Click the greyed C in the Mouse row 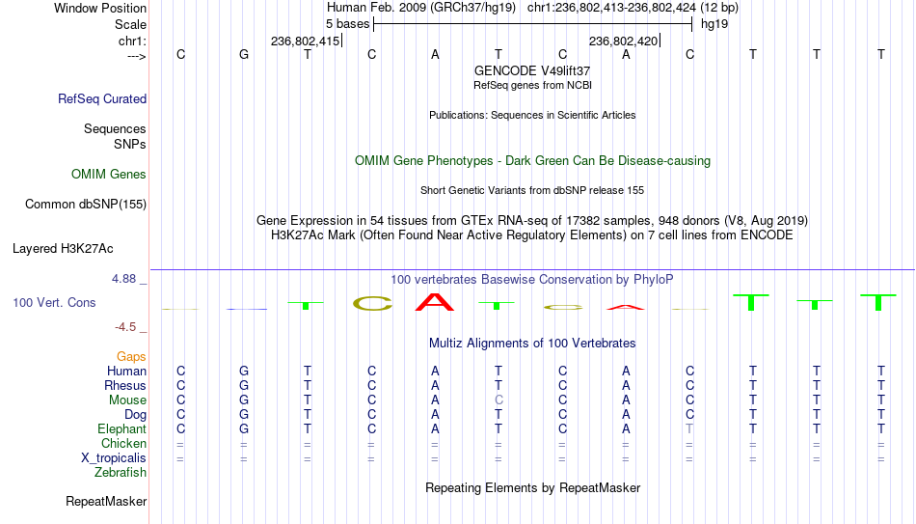click(498, 400)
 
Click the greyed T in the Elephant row click(689, 428)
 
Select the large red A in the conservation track click(434, 302)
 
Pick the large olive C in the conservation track click(372, 303)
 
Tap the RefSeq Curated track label click(102, 98)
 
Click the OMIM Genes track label click(109, 174)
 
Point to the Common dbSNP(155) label click(86, 205)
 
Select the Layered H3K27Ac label click(63, 249)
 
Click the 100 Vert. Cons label click(54, 302)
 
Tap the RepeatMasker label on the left click(106, 501)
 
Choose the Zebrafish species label click(121, 472)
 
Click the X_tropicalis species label click(114, 458)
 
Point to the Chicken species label click(123, 443)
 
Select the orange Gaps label click(131, 356)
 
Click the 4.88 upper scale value click(123, 278)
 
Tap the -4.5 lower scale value click(125, 327)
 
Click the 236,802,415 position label click(305, 41)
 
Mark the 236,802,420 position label click(623, 41)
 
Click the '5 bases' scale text click(347, 24)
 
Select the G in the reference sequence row click(244, 54)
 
